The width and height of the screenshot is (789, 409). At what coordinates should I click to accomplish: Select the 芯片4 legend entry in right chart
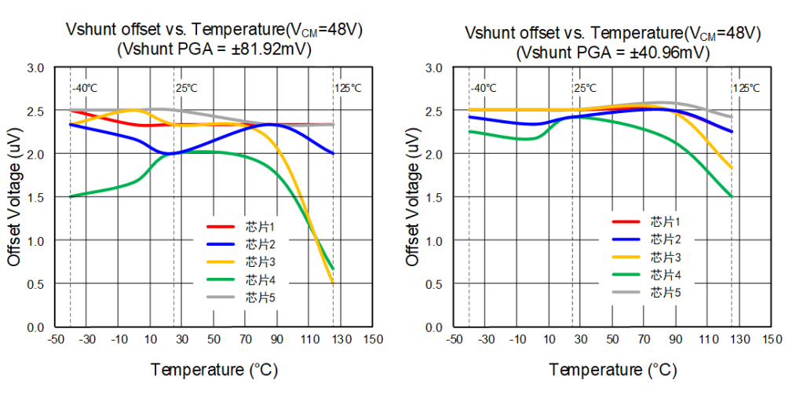pos(666,275)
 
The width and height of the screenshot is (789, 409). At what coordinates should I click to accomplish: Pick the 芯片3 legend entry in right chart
pos(666,257)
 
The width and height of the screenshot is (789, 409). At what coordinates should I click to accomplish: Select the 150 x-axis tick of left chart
pos(373,339)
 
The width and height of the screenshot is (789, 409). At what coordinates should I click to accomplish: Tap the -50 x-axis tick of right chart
pos(454,339)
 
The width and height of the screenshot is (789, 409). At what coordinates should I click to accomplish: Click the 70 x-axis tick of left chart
pos(245,339)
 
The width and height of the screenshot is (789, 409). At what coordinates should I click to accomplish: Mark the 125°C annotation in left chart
pos(349,88)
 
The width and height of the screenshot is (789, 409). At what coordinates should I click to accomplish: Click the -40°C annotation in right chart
pos(484,88)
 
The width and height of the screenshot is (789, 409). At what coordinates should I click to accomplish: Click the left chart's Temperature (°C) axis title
pos(214,369)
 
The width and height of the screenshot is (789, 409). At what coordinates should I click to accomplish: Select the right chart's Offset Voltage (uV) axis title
pos(413,196)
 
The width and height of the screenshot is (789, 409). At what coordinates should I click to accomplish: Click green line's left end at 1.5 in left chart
pos(71,196)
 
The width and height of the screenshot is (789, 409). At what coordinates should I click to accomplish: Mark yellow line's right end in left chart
pos(333,283)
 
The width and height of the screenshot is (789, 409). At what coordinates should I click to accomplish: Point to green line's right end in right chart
pos(732,196)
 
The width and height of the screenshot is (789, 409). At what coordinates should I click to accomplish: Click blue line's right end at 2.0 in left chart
pos(333,153)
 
